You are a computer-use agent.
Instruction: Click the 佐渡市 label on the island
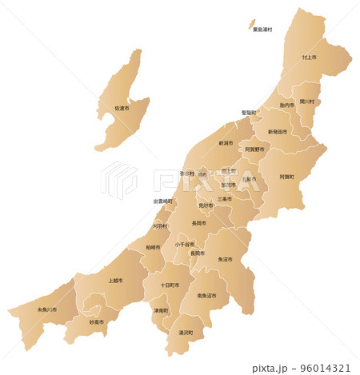point(122,107)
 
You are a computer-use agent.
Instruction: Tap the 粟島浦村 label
point(262,30)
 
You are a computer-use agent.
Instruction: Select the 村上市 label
point(310,58)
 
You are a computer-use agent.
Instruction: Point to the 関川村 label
point(308,102)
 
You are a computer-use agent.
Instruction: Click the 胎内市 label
point(287,105)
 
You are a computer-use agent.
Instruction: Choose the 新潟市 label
point(226,143)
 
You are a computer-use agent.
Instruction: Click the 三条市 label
point(225,198)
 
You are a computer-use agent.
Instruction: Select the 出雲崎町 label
point(163,201)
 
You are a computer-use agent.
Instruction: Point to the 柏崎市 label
point(153,247)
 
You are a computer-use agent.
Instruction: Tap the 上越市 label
point(115,281)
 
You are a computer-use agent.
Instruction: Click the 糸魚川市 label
point(47,309)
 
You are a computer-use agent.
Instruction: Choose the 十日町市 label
point(170,285)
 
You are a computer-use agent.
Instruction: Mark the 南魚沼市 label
point(213,296)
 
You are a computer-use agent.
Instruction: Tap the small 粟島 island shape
point(251,24)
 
